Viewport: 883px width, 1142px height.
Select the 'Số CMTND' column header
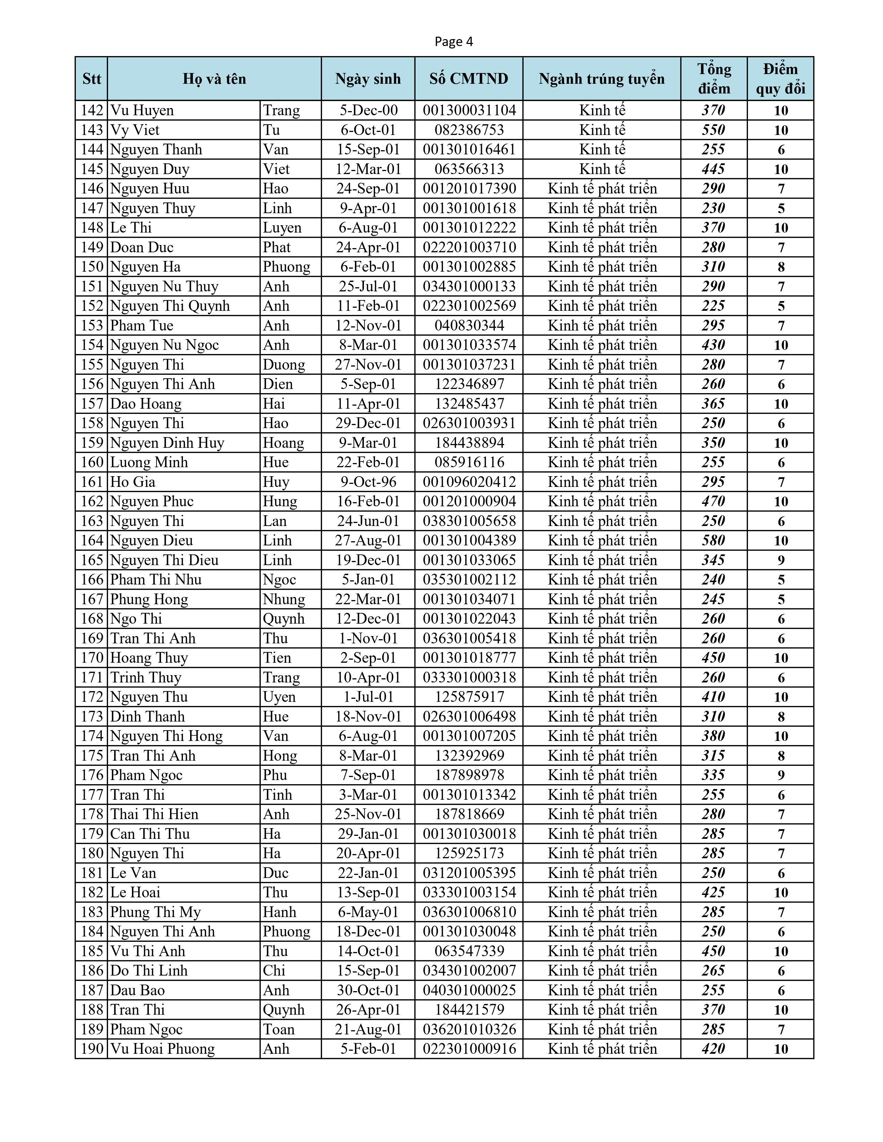pos(469,79)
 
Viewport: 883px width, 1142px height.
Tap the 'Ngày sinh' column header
pos(368,79)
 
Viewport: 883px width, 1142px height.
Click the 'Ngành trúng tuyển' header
pos(601,79)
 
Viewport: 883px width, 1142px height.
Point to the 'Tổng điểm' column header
pos(714,79)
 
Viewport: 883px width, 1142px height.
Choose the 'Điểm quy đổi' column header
pos(781,79)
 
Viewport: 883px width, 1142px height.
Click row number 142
pos(92,110)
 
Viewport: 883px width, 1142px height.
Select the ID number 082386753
pos(469,130)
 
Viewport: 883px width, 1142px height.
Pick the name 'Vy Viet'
pos(135,130)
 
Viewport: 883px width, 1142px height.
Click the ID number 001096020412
pos(469,482)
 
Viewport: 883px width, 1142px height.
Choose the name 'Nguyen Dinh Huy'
pos(167,443)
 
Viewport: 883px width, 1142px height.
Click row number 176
pos(92,776)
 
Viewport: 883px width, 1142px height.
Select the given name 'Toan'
pos(279,1030)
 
